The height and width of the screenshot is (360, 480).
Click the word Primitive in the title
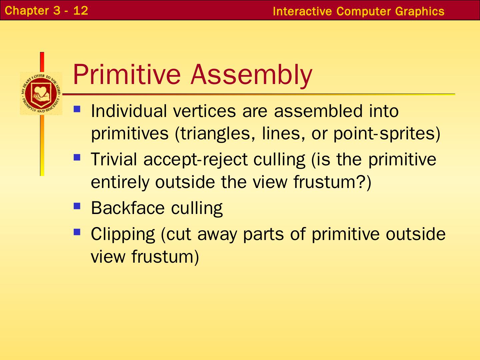pos(127,74)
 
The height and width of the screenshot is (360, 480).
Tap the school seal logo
pos(41,94)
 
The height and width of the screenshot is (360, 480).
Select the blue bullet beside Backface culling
pos(77,206)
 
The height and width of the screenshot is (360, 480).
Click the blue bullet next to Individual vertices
pos(77,109)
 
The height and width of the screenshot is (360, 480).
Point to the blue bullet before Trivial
pos(77,157)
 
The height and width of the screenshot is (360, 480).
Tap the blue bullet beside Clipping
pos(77,232)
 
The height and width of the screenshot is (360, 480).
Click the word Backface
pos(128,208)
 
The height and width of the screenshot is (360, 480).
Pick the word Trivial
pos(114,159)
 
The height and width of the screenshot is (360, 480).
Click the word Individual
pos(129,111)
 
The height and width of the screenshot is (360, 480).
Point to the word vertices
pos(205,111)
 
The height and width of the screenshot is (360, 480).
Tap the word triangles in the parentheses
pos(215,134)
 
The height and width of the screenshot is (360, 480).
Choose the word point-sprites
pos(385,134)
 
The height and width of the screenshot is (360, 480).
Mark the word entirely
pos(120,183)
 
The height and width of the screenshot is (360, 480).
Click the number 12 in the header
pos(81,10)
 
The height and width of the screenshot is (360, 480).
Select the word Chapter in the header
pos(27,11)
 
